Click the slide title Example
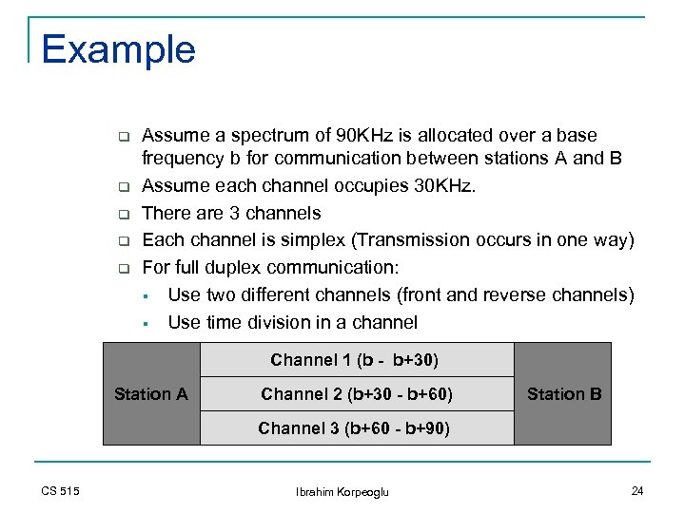click(118, 49)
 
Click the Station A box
click(150, 393)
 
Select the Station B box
click(563, 393)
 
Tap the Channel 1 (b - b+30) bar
click(355, 360)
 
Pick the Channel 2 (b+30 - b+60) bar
click(356, 393)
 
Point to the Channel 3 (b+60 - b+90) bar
click(354, 428)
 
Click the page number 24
click(636, 490)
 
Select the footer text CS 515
click(60, 490)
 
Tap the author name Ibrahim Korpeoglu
click(342, 491)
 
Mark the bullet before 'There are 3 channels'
click(122, 214)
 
